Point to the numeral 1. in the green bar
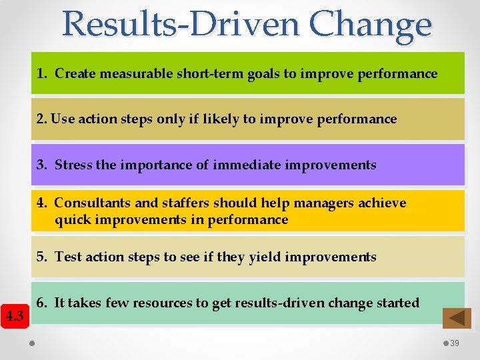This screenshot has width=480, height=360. point(43,74)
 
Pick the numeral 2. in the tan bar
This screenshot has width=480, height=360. point(42,119)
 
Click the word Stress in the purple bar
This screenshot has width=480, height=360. point(74,165)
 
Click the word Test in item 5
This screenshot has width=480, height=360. point(67,257)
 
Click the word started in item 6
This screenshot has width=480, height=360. point(397,303)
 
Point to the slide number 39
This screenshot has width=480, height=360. point(455,343)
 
